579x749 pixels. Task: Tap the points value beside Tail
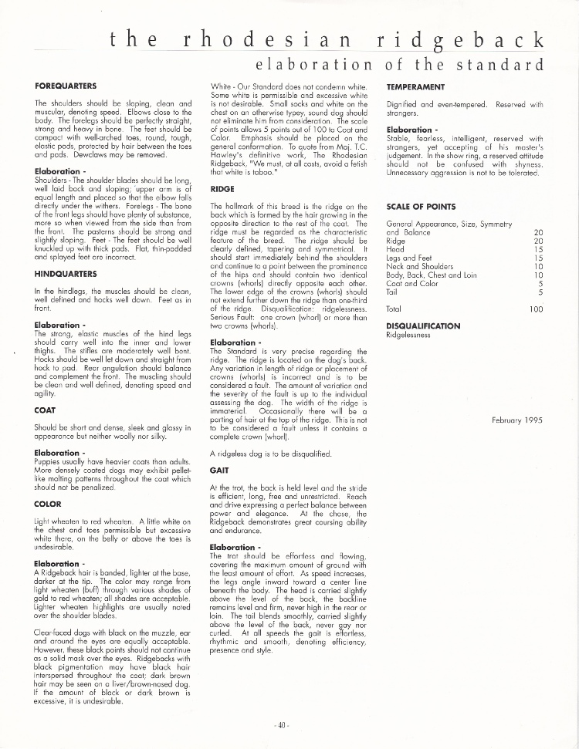coord(540,292)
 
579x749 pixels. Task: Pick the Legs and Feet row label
coord(408,258)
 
